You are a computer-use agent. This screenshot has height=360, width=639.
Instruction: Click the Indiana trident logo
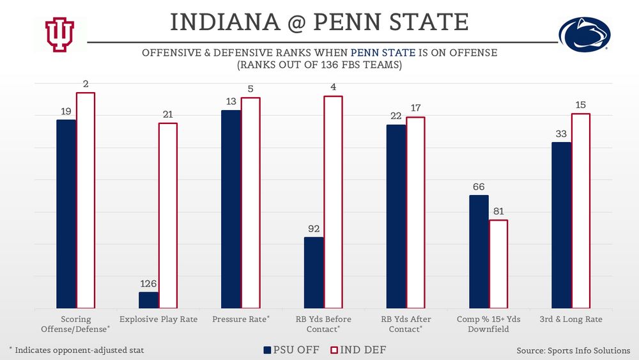[x=59, y=34]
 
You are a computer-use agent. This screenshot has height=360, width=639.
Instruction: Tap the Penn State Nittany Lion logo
[x=585, y=35]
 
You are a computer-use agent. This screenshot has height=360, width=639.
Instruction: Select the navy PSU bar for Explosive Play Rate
[x=148, y=301]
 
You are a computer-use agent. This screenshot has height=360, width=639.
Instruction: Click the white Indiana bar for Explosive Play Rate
[x=168, y=215]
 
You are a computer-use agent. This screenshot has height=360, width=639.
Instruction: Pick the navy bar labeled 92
[x=313, y=273]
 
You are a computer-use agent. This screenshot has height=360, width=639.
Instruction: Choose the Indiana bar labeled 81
[x=498, y=264]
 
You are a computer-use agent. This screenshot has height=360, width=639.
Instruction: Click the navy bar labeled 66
[x=479, y=252]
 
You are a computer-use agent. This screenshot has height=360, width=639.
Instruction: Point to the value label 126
[x=148, y=284]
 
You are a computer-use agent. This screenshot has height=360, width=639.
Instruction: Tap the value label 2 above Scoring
[x=86, y=84]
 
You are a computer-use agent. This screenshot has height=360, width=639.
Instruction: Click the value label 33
[x=561, y=134]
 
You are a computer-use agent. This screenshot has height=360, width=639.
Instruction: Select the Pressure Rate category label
[x=241, y=319]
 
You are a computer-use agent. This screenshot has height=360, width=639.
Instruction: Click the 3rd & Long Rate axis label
[x=571, y=319]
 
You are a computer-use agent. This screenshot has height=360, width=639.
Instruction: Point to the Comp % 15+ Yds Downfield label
[x=488, y=324]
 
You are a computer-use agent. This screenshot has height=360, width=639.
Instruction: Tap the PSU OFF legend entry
[x=290, y=350]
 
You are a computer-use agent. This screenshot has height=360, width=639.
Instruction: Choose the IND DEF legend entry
[x=358, y=350]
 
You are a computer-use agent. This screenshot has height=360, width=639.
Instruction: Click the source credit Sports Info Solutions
[x=573, y=350]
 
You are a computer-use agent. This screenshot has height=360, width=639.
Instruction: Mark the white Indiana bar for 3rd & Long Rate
[x=580, y=211]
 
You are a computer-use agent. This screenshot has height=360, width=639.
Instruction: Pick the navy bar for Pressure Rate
[x=231, y=210]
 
